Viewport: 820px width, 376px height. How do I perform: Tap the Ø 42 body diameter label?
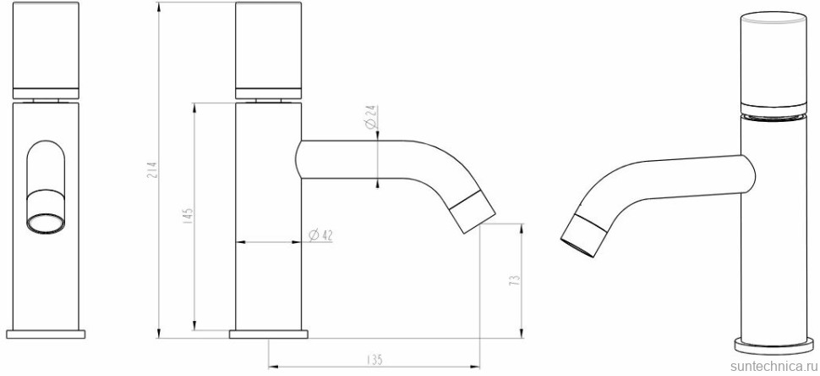click(x=320, y=235)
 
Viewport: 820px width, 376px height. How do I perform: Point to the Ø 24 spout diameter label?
click(x=370, y=117)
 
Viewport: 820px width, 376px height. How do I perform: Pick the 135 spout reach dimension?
click(x=373, y=360)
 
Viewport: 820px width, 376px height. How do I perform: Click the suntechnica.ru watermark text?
click(x=770, y=365)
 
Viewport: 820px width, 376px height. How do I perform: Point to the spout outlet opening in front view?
click(x=46, y=224)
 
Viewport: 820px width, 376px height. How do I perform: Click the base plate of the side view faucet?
click(x=268, y=333)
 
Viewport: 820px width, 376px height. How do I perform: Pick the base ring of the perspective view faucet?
click(x=770, y=344)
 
